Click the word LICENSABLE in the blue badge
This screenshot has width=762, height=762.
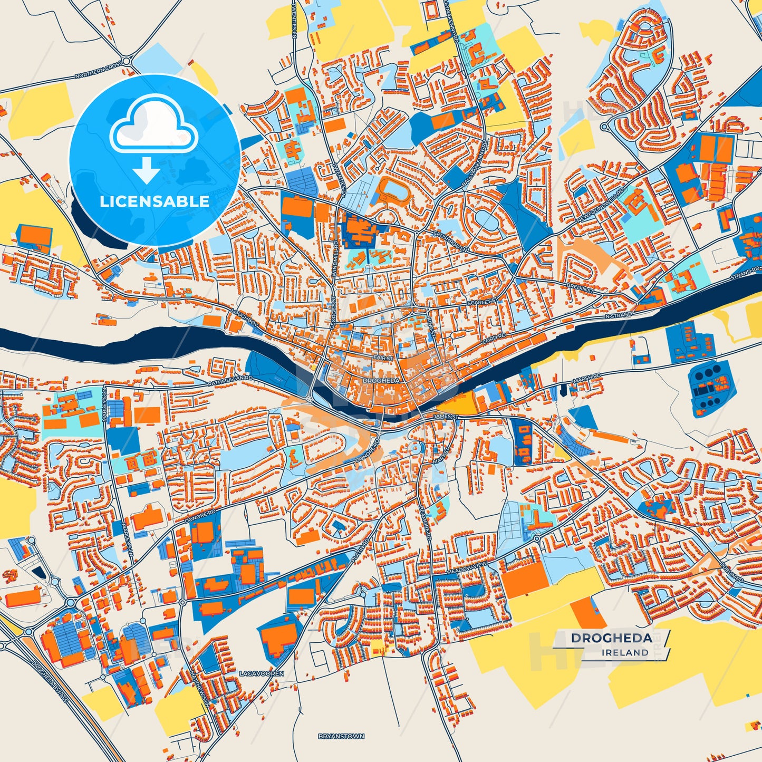[x=155, y=201]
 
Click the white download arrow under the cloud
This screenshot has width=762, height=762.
[x=147, y=170]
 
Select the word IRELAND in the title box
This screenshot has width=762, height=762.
[x=625, y=652]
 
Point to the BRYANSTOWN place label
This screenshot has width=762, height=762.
[x=341, y=736]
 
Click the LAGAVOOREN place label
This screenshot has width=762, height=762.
[x=262, y=673]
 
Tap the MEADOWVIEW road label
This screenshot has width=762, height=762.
[x=466, y=565]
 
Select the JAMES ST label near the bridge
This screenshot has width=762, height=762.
[x=446, y=417]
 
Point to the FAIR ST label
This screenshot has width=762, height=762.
[x=383, y=358]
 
